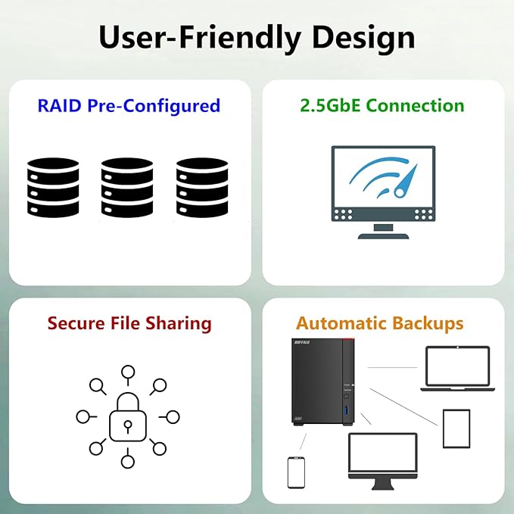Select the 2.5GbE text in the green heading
pyautogui.click(x=330, y=105)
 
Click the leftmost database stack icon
pyautogui.click(x=53, y=186)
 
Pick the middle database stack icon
pyautogui.click(x=127, y=186)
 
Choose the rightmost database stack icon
pyautogui.click(x=202, y=186)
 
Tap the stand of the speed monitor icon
pyautogui.click(x=384, y=231)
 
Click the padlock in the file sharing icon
pyautogui.click(x=128, y=417)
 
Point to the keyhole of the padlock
pyautogui.click(x=128, y=423)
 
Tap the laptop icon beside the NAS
pyautogui.click(x=456, y=369)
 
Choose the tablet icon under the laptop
pyautogui.click(x=456, y=428)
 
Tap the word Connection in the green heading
pyautogui.click(x=416, y=105)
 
